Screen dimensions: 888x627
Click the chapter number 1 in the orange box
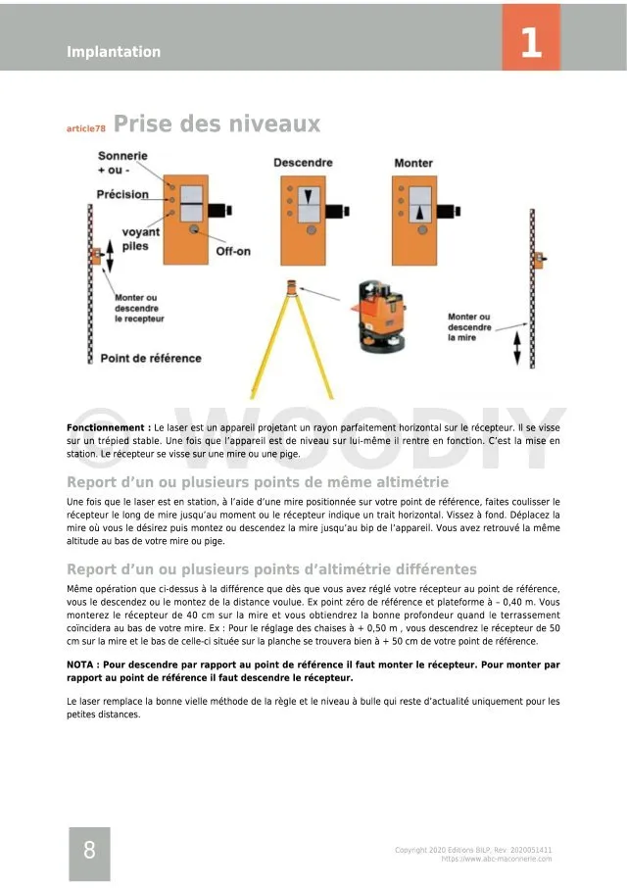tap(531, 41)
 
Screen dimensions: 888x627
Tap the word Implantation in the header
tap(114, 52)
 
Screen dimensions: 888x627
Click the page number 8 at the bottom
tap(89, 850)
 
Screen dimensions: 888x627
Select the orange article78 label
tap(86, 128)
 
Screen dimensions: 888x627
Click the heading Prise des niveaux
tap(217, 124)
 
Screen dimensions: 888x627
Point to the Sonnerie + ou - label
tap(122, 163)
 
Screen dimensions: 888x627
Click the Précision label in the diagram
tap(122, 194)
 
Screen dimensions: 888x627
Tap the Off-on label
tap(233, 251)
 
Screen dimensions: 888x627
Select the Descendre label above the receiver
tap(303, 163)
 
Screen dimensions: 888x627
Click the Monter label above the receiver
tap(413, 163)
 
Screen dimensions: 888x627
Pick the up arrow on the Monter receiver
tap(421, 210)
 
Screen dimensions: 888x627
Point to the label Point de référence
tap(150, 358)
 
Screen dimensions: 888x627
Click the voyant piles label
tap(140, 240)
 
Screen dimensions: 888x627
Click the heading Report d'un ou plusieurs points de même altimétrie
tap(258, 482)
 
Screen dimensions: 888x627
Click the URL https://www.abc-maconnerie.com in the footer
tap(497, 859)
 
